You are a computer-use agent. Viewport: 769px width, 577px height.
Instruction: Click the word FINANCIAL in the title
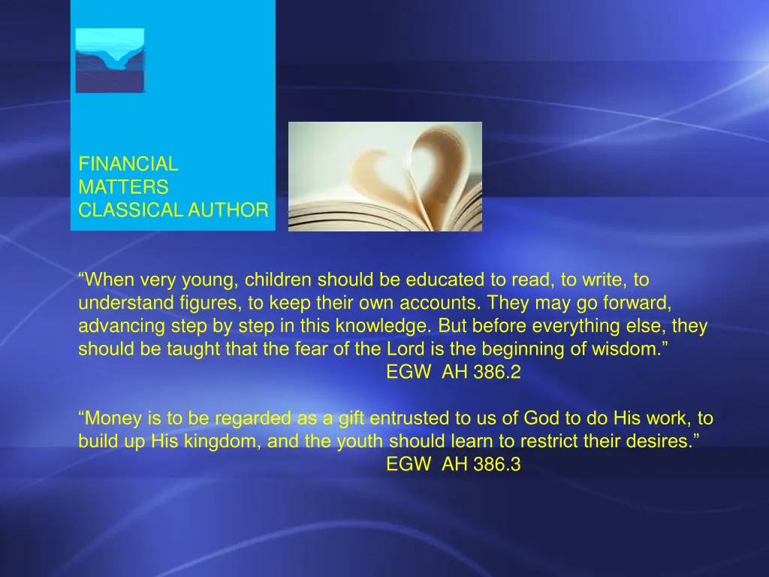(128, 164)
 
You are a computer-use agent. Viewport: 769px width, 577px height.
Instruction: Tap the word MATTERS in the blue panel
(123, 187)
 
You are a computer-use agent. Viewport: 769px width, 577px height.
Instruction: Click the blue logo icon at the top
(110, 60)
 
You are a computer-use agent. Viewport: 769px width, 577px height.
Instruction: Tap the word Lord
(404, 350)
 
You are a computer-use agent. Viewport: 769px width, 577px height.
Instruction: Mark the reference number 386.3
(496, 465)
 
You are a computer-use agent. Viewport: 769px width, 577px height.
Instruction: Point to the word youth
(360, 442)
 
